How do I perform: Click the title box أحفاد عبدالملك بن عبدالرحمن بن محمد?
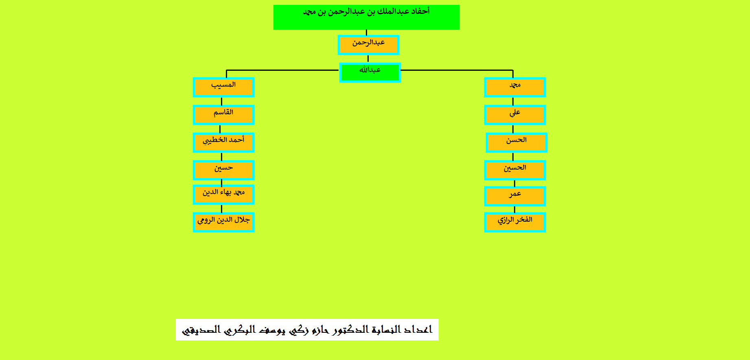point(366,17)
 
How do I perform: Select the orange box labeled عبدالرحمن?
point(368,45)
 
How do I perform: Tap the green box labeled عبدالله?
point(370,72)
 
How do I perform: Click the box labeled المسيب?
point(223,87)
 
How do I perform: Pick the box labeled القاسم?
point(223,115)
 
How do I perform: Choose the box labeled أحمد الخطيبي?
point(223,142)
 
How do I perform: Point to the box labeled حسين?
point(223,170)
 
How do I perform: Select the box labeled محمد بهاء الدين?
point(223,194)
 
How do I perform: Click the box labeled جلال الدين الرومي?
point(223,222)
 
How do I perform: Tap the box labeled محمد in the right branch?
point(515,87)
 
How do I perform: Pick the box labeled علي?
point(515,115)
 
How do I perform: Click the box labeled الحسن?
point(516,142)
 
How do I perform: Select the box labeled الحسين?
point(515,170)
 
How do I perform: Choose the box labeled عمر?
point(515,196)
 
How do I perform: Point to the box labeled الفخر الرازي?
point(515,222)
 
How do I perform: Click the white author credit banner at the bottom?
point(307,329)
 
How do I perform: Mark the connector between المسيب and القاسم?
point(221,101)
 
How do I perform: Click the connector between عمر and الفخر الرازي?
point(514,209)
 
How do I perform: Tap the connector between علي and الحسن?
point(513,129)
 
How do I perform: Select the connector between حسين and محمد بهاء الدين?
point(221,183)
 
